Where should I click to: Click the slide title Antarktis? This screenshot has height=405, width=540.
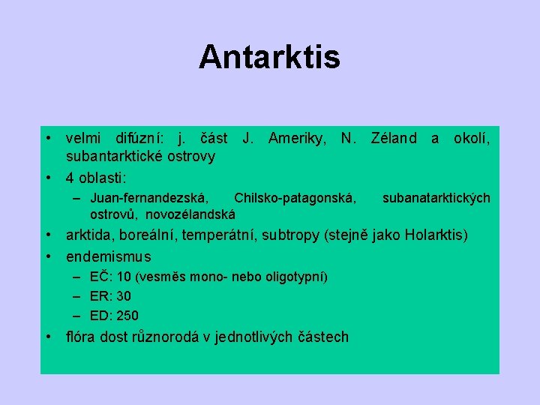click(269, 57)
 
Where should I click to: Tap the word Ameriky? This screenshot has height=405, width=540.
click(297, 138)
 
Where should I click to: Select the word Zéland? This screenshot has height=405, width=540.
click(394, 138)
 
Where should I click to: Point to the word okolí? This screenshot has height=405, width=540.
click(472, 138)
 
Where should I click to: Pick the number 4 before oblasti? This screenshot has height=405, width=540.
click(70, 178)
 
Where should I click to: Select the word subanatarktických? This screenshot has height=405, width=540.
click(436, 199)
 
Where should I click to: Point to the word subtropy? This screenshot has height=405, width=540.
click(291, 236)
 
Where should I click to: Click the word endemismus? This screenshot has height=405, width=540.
click(109, 256)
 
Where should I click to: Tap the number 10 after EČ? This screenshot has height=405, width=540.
click(125, 277)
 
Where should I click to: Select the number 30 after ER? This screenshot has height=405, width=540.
click(124, 296)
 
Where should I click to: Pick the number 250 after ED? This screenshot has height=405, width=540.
click(127, 316)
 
